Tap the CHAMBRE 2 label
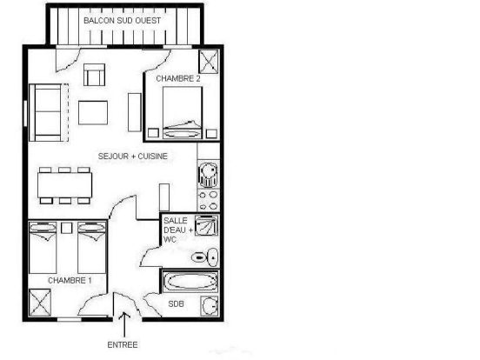178,79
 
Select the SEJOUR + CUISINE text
132,157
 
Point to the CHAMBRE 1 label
70,281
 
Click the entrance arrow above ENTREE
126,323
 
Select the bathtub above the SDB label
190,283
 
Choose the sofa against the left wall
49,113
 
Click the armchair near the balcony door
93,76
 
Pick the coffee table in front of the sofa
93,113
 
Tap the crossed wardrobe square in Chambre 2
209,63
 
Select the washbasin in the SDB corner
209,306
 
